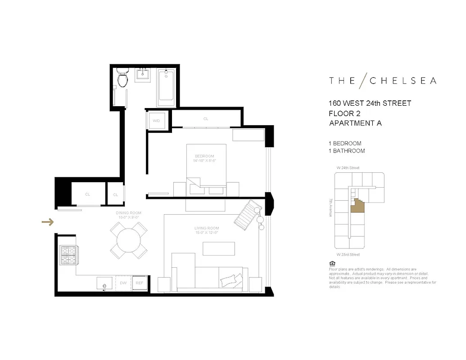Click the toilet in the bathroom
click(122, 77)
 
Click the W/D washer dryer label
click(156, 121)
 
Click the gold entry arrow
click(48, 222)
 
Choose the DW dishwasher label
click(123, 283)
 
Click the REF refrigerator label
click(140, 283)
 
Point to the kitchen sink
click(105, 284)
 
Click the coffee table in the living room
click(219, 248)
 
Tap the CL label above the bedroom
click(206, 119)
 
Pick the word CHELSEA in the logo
click(403, 81)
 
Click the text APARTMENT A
click(355, 123)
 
